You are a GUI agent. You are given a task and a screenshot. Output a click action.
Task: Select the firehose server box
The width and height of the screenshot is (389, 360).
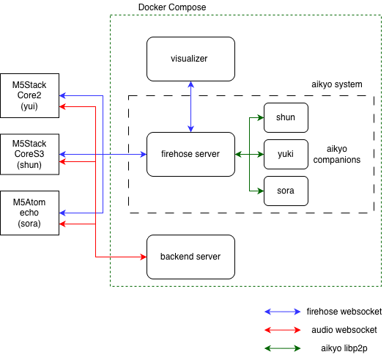click(x=190, y=154)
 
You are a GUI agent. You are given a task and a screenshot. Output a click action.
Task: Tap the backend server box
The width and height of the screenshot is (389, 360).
click(x=190, y=257)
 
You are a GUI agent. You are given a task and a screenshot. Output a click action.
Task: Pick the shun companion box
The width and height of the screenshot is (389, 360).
click(x=286, y=117)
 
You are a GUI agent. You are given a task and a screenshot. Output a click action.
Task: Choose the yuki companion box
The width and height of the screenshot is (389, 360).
click(x=286, y=154)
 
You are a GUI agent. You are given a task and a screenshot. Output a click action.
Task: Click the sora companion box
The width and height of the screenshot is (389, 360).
click(x=286, y=191)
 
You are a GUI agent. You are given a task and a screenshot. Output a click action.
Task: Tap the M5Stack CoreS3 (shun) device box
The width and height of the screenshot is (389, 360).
click(x=29, y=154)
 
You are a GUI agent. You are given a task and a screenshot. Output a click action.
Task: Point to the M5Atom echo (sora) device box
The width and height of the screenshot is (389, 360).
click(x=29, y=213)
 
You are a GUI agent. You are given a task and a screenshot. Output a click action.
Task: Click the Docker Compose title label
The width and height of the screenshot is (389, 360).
click(x=172, y=7)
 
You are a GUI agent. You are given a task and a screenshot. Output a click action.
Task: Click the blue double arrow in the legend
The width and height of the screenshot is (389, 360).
click(x=282, y=312)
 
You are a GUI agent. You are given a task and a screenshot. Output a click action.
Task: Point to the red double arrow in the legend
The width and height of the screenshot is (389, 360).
click(x=282, y=330)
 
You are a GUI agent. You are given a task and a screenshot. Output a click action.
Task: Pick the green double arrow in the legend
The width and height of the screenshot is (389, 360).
click(x=282, y=348)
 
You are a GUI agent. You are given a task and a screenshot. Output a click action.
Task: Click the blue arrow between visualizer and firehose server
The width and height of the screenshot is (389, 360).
click(x=190, y=106)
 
